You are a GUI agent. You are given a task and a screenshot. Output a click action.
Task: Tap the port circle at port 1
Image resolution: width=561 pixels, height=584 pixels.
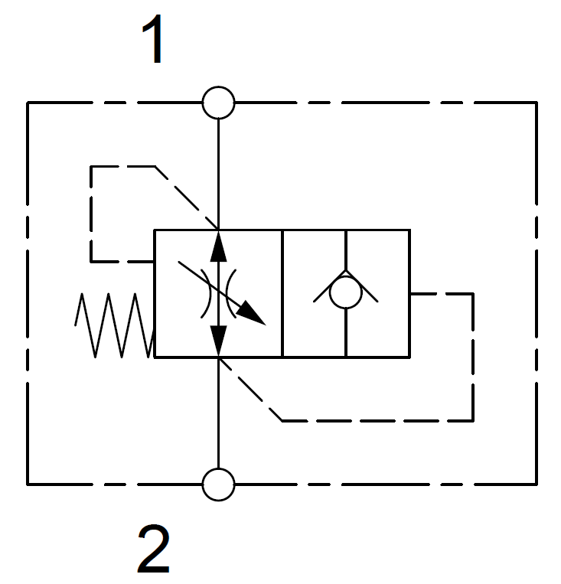[219, 103]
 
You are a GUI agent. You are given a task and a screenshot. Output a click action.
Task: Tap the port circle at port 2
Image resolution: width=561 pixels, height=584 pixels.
[219, 484]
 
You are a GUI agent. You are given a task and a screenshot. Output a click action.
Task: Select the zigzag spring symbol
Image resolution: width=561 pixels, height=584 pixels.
[115, 325]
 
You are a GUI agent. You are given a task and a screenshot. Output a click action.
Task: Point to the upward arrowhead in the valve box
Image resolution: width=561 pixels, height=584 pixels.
[219, 245]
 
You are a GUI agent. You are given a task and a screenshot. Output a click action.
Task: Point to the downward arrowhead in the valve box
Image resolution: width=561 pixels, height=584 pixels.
[219, 340]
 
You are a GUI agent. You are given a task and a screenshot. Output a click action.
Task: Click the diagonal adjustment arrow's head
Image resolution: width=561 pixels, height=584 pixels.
[254, 314]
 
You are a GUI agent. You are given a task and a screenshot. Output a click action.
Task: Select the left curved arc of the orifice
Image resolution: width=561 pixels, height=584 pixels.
[204, 293]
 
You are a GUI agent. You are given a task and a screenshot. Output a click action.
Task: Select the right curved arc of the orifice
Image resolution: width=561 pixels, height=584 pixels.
[234, 293]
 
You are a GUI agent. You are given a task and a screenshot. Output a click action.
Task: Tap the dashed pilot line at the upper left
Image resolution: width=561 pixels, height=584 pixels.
[91, 214]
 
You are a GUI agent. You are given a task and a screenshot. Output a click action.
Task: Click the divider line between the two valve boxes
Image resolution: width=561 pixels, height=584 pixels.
[282, 293]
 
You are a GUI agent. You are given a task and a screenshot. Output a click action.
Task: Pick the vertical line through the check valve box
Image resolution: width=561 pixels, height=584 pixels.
[346, 333]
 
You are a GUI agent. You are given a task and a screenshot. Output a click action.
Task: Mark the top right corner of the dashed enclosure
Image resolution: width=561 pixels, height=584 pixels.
[535, 103]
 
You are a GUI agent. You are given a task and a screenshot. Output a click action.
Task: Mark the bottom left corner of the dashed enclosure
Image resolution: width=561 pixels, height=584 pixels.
[28, 484]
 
